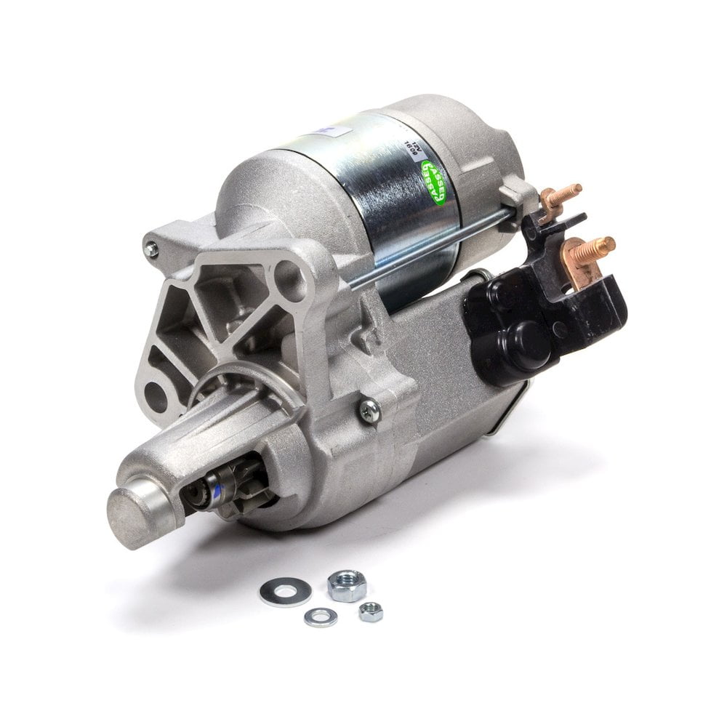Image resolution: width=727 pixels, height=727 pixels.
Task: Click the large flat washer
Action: [x=285, y=591]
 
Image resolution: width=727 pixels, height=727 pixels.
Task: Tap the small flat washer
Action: [x=321, y=617]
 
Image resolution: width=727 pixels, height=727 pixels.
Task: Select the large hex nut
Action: [x=347, y=585]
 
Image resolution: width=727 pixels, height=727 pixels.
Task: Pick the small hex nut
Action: [x=371, y=611]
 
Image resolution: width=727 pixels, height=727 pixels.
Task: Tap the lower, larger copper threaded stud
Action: [x=595, y=249]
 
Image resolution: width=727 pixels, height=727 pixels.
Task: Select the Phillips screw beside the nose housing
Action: [x=369, y=411]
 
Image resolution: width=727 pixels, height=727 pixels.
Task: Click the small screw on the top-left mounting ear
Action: [x=151, y=249]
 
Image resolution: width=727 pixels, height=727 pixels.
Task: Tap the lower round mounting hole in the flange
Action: [x=155, y=397]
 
